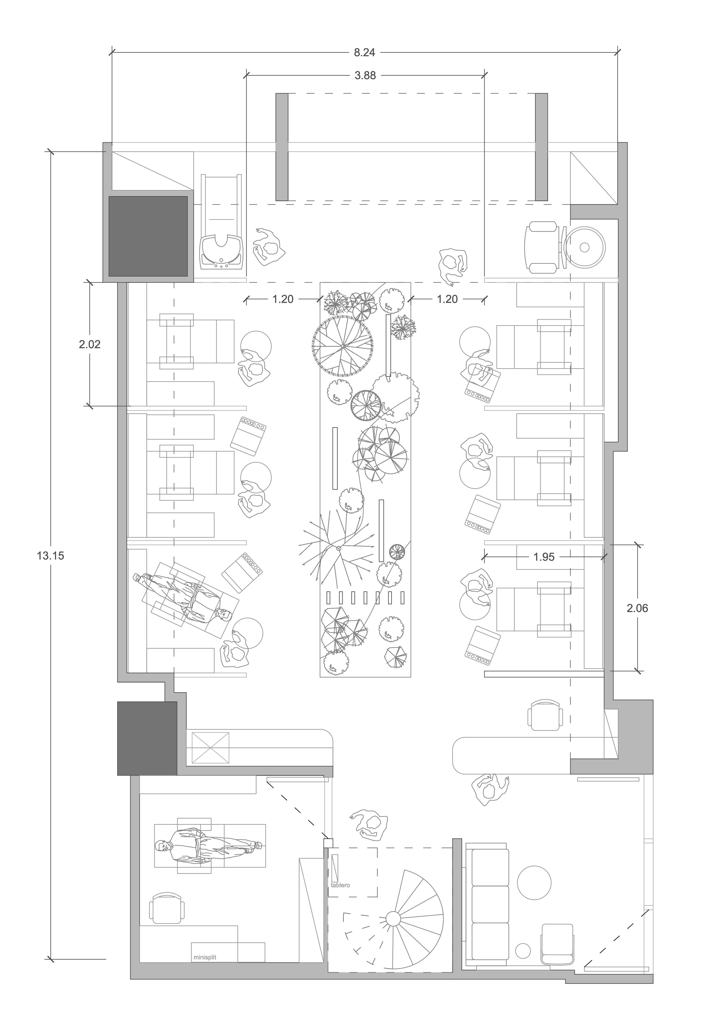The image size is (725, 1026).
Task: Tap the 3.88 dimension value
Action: click(365, 75)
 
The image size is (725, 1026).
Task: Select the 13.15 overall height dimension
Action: click(50, 555)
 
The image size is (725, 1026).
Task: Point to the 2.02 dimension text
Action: click(90, 344)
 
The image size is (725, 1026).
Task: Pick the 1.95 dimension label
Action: click(544, 557)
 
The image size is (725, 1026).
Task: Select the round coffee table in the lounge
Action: click(534, 883)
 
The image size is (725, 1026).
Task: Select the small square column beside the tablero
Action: click(328, 843)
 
